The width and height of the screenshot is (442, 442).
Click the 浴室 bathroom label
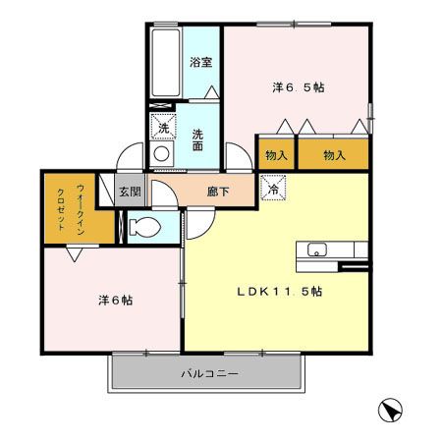201,62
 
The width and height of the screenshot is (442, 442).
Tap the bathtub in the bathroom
166,62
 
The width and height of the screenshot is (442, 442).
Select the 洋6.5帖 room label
299,87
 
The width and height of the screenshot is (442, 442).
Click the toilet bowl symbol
144,227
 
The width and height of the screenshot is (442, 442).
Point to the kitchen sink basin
316,249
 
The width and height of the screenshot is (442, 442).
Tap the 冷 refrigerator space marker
273,188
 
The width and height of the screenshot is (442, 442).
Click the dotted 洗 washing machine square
163,127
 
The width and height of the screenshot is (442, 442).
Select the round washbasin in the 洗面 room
161,153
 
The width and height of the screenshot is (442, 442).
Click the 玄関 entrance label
130,192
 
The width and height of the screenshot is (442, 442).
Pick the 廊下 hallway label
218,192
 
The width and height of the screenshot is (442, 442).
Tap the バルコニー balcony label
209,373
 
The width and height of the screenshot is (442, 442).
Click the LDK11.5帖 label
280,291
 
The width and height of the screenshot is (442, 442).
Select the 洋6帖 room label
116,300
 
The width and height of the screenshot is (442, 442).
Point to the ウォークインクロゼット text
71,209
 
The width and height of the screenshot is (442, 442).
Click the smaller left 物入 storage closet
277,154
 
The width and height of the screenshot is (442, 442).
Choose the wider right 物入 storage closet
334,154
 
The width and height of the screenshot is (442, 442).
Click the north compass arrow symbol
390,411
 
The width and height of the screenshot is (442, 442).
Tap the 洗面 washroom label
197,140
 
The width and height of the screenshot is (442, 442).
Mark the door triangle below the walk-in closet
75,254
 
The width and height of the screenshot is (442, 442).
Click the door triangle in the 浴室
212,91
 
